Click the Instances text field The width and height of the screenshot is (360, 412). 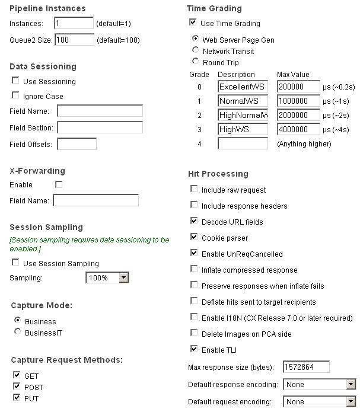[x=74, y=24]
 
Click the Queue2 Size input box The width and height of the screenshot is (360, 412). [x=74, y=40]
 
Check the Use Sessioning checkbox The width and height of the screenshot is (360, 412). [x=16, y=81]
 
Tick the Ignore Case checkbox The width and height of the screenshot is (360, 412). [x=16, y=95]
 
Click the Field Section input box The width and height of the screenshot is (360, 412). [x=100, y=127]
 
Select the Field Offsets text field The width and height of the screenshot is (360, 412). [x=77, y=144]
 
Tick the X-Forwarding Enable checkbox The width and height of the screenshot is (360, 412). [x=59, y=185]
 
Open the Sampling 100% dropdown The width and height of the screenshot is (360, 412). [x=107, y=278]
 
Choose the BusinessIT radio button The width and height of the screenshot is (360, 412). [x=17, y=332]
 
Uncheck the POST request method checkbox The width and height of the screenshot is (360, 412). [x=16, y=387]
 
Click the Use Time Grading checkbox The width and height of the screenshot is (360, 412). [x=193, y=23]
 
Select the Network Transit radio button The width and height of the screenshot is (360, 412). [x=196, y=50]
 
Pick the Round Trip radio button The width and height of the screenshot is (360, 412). [x=196, y=62]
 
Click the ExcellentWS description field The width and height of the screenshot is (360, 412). [x=243, y=87]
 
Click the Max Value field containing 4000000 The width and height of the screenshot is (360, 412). [x=298, y=129]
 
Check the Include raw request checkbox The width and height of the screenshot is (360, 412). [x=194, y=189]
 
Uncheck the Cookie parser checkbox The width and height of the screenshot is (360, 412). [x=194, y=237]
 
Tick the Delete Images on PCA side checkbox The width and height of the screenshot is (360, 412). [x=194, y=333]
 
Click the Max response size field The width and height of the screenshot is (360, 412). [x=306, y=368]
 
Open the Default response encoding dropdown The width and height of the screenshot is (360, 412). [x=319, y=385]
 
